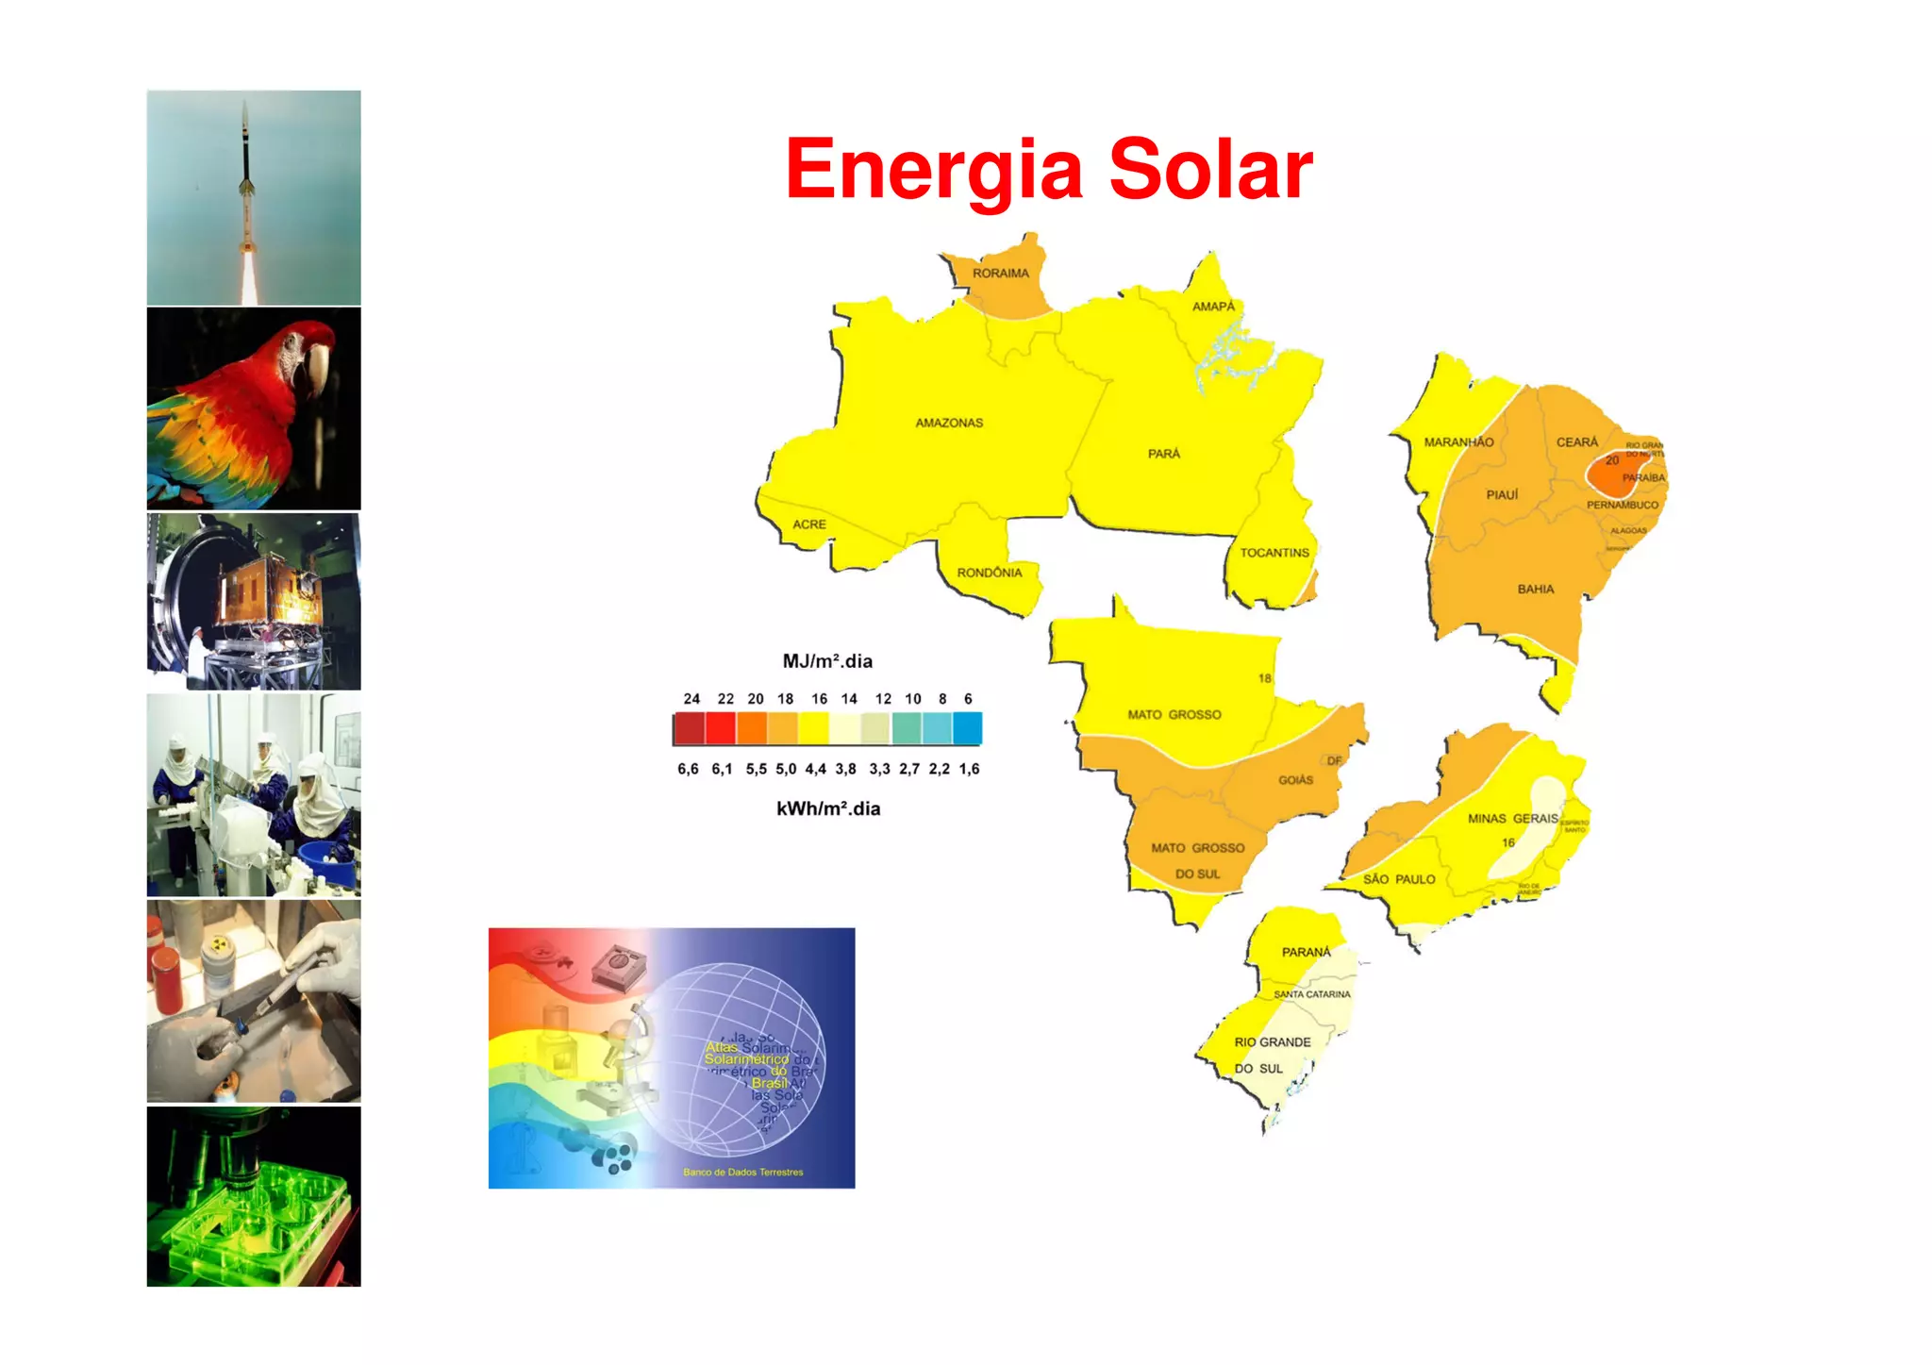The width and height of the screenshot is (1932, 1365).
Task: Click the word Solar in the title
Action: coord(1210,170)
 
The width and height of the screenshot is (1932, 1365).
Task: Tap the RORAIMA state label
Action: coord(1000,274)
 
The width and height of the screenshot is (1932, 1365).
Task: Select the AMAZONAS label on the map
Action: coord(948,423)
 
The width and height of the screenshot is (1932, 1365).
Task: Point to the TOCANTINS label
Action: coord(1274,553)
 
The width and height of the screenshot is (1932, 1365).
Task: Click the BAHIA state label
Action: coord(1535,590)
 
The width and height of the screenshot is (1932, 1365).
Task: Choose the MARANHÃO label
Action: coord(1457,442)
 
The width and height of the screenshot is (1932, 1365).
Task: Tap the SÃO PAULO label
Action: coord(1398,879)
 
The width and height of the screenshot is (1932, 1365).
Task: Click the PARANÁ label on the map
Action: coord(1306,953)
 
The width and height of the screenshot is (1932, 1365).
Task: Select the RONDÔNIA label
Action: coord(989,573)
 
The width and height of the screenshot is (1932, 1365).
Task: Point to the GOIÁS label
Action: coord(1295,780)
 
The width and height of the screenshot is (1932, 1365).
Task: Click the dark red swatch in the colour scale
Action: coord(689,729)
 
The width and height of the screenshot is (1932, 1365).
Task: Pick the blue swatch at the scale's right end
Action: coord(967,729)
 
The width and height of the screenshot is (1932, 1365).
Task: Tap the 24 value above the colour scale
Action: coord(691,699)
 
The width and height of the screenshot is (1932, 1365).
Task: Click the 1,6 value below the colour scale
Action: coord(969,770)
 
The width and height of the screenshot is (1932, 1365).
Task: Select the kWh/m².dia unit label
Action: coord(827,809)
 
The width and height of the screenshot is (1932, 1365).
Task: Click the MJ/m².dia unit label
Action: coord(827,661)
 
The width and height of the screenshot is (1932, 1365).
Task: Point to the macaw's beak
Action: coord(315,368)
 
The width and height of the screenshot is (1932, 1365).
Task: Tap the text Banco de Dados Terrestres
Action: coord(742,1173)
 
